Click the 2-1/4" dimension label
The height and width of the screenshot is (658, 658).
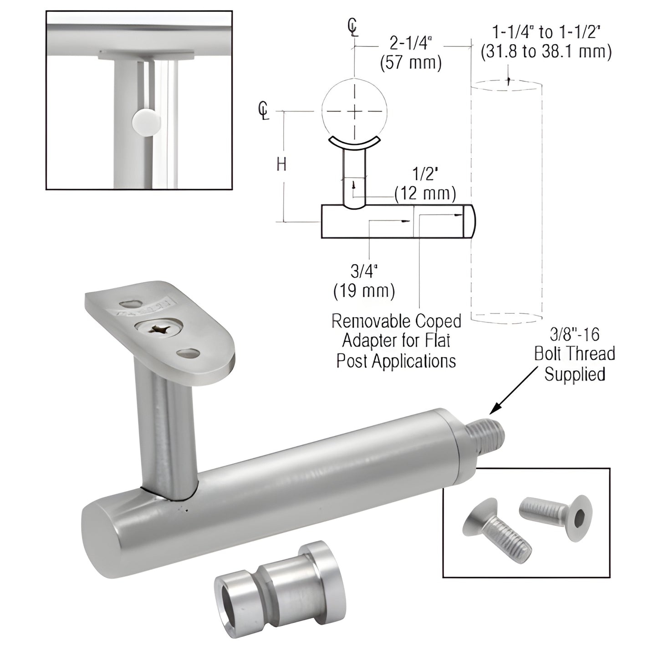tap(410, 44)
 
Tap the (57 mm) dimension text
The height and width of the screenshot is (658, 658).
tap(411, 63)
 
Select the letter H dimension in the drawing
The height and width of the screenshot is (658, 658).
tap(282, 164)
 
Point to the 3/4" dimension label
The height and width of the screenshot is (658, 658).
tap(364, 271)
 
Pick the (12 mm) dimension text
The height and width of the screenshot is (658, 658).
tap(425, 194)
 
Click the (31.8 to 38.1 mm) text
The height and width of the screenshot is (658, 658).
tap(546, 51)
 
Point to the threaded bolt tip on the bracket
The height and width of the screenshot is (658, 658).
tap(490, 430)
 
